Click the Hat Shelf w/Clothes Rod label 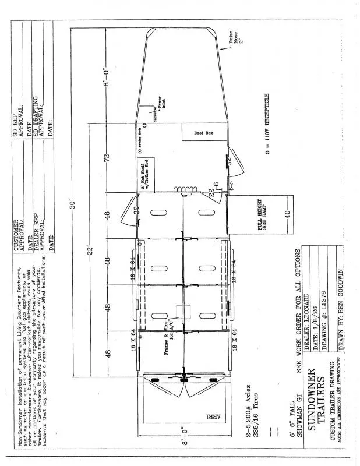pyautogui.click(x=150, y=173)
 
